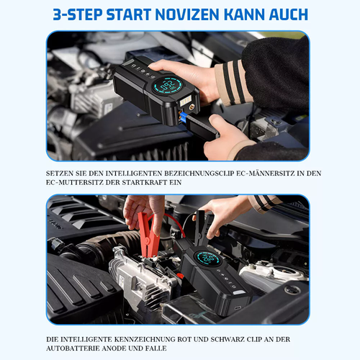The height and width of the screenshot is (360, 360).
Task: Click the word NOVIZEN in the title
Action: pyautogui.click(x=187, y=14)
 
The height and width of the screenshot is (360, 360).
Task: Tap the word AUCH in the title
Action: pyautogui.click(x=288, y=14)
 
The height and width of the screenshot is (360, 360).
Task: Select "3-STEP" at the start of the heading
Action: pyautogui.click(x=78, y=14)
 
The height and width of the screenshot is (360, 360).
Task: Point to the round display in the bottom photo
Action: pyautogui.click(x=207, y=258)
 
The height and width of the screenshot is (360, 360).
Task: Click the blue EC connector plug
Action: pyautogui.click(x=183, y=117)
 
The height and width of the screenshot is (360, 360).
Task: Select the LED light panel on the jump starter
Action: pyautogui.click(x=186, y=101)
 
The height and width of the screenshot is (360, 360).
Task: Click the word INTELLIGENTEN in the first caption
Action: pyautogui.click(x=134, y=174)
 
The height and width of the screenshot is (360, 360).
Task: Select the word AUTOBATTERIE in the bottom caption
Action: pyautogui.click(x=73, y=348)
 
